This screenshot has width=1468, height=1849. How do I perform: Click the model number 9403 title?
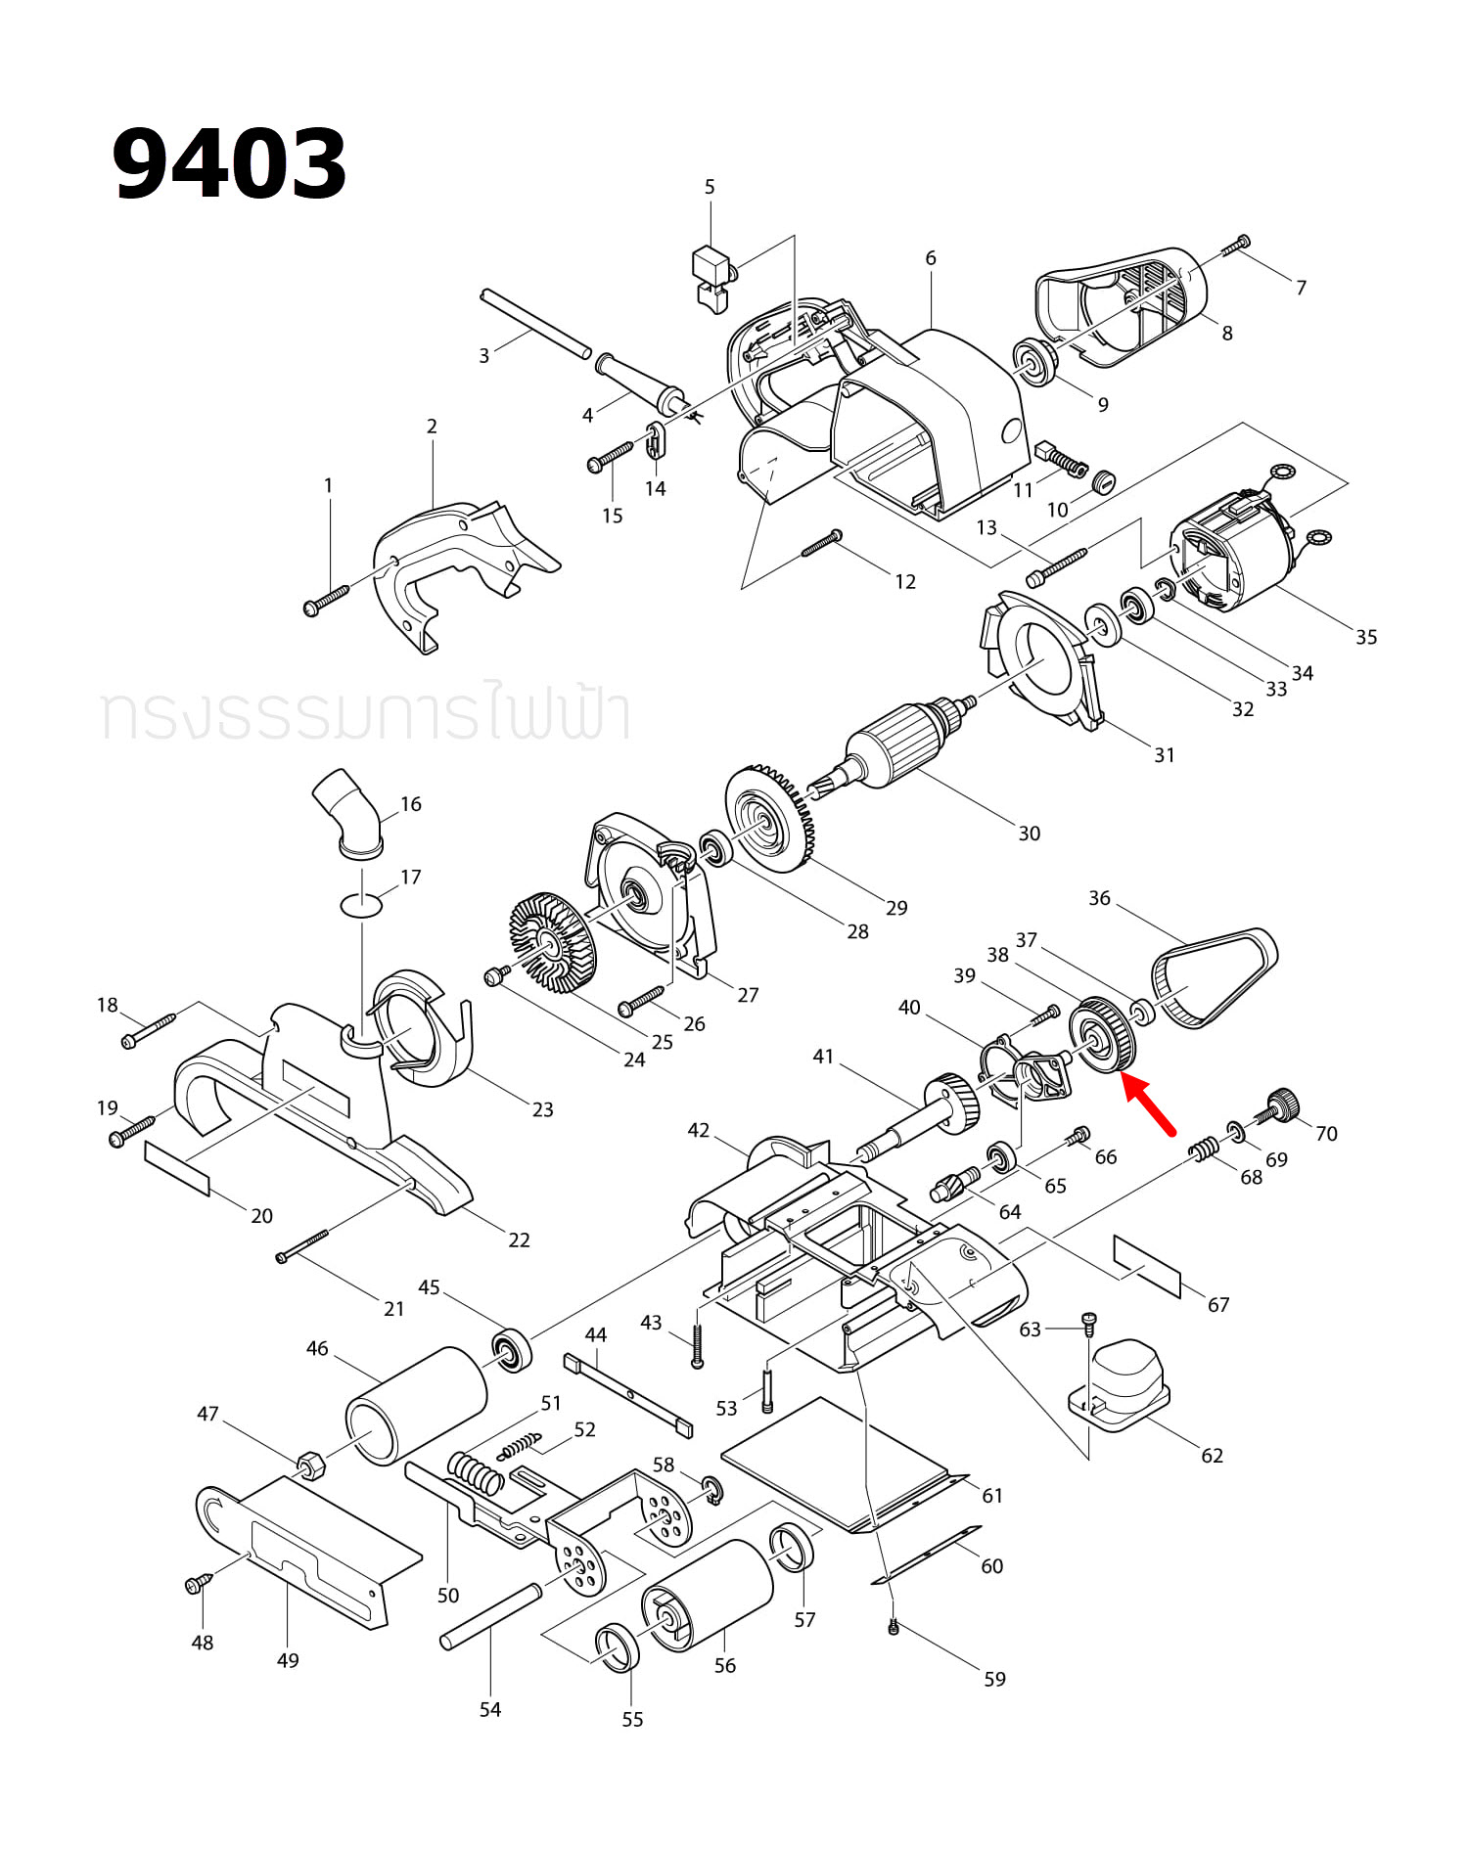tap(229, 163)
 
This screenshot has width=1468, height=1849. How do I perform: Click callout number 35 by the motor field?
tap(1366, 637)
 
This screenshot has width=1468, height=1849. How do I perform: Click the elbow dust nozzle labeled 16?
tap(348, 813)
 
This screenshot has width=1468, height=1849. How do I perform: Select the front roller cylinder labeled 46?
tap(417, 1406)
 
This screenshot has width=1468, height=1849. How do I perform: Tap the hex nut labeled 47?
tap(311, 1465)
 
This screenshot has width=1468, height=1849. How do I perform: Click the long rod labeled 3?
tap(536, 324)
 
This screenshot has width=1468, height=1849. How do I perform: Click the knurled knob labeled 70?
tap(1281, 1105)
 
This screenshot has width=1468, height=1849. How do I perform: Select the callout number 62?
tap(1212, 1456)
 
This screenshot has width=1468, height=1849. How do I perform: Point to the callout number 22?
tap(519, 1240)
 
